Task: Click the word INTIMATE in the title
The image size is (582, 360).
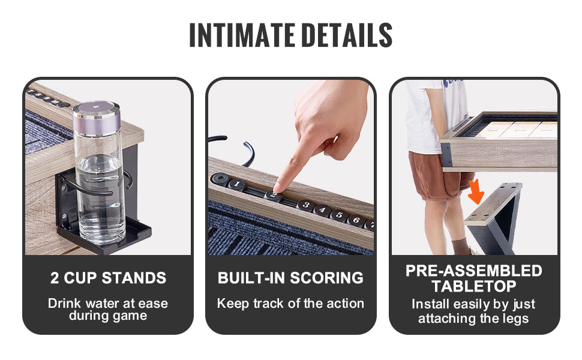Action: [x=242, y=35]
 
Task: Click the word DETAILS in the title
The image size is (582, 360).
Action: [x=347, y=35]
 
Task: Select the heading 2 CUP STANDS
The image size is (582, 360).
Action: [x=108, y=278]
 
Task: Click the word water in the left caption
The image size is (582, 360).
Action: [x=101, y=303]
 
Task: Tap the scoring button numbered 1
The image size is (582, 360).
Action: [x=236, y=184]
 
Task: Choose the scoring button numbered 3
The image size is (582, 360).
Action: [x=306, y=205]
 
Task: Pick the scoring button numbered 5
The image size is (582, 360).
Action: [x=339, y=215]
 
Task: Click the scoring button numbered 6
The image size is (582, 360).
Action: [x=356, y=220]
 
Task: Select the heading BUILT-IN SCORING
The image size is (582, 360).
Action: [x=290, y=278]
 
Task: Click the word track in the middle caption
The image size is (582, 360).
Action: [x=268, y=303]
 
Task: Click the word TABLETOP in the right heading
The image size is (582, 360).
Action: [x=473, y=286]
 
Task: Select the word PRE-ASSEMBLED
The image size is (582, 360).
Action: [x=473, y=271]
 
